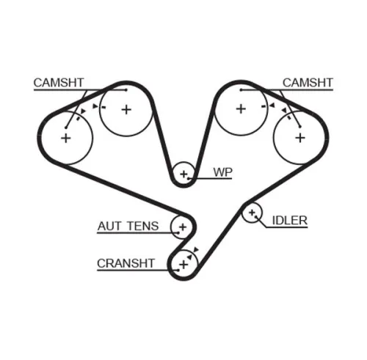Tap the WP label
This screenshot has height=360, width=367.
[222, 172]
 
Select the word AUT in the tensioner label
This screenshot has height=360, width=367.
[109, 226]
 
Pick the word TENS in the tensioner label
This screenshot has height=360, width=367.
[141, 226]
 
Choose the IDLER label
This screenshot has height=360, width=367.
[289, 219]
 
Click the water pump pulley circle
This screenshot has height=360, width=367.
[183, 174]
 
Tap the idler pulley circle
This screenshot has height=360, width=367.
[252, 213]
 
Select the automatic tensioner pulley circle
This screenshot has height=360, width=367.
[181, 227]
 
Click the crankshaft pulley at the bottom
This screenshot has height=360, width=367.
[181, 264]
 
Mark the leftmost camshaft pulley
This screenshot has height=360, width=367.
[65, 137]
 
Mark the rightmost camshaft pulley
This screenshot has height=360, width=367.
[299, 136]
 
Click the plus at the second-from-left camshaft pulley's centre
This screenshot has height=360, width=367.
[126, 109]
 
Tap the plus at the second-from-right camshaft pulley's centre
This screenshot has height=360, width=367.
[240, 109]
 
